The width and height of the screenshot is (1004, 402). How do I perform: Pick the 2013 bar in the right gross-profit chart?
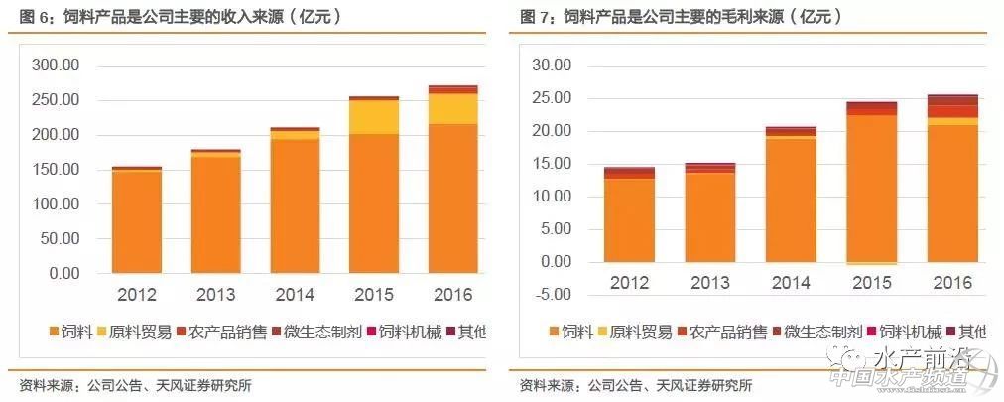tap(710, 213)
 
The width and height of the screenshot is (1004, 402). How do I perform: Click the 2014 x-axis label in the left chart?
tap(295, 295)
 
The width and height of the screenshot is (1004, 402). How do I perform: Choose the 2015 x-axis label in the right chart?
tap(871, 284)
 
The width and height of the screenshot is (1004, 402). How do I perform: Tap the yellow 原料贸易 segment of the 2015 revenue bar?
tap(373, 117)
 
